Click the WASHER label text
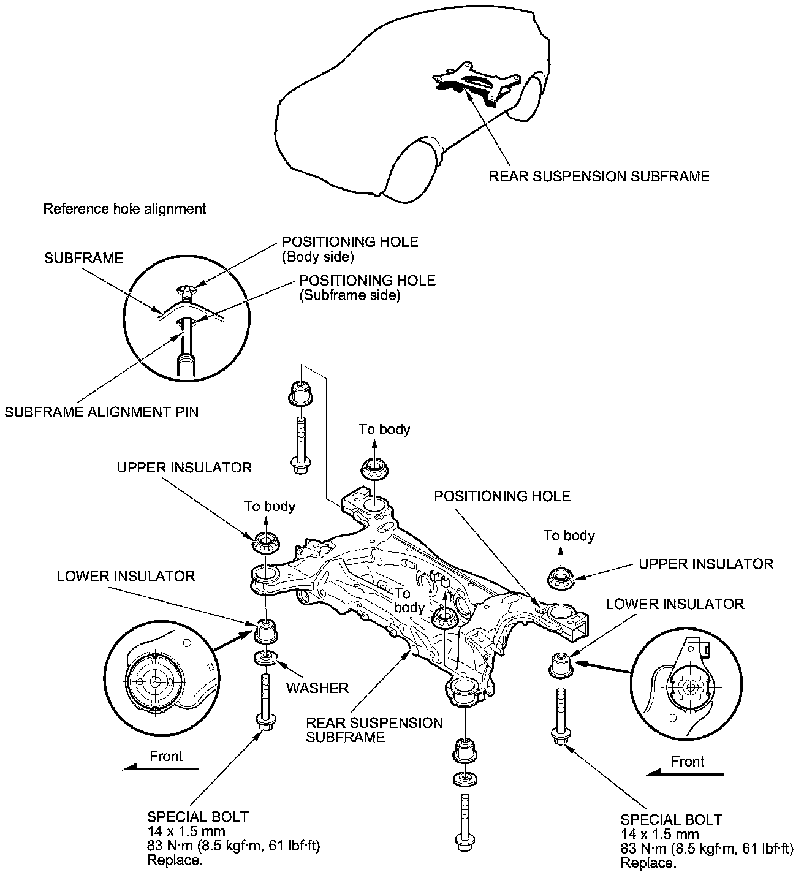point(317,688)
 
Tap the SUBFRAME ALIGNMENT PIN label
point(102,412)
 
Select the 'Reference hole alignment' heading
point(124,209)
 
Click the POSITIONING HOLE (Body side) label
point(350,249)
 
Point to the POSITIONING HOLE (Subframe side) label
point(367,287)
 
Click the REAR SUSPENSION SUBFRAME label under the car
point(599,176)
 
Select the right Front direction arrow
point(685,774)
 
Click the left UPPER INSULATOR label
point(184,468)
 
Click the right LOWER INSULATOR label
point(675,604)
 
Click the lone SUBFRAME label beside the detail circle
point(84,258)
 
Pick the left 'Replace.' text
point(175,860)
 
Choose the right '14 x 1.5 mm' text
point(659,834)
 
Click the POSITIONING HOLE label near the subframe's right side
point(502,496)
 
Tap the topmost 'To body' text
point(384,430)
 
